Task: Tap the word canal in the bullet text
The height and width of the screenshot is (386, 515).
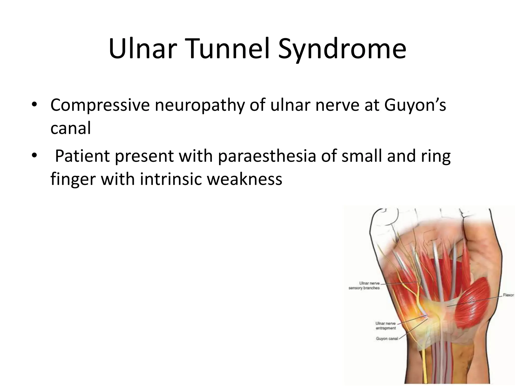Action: click(x=70, y=128)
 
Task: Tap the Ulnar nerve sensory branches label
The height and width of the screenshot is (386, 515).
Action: click(x=364, y=285)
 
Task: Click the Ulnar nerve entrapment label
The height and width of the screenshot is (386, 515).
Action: click(x=385, y=326)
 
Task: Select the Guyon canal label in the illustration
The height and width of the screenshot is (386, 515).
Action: click(x=387, y=339)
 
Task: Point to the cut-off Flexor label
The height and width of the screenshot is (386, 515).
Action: click(x=508, y=296)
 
